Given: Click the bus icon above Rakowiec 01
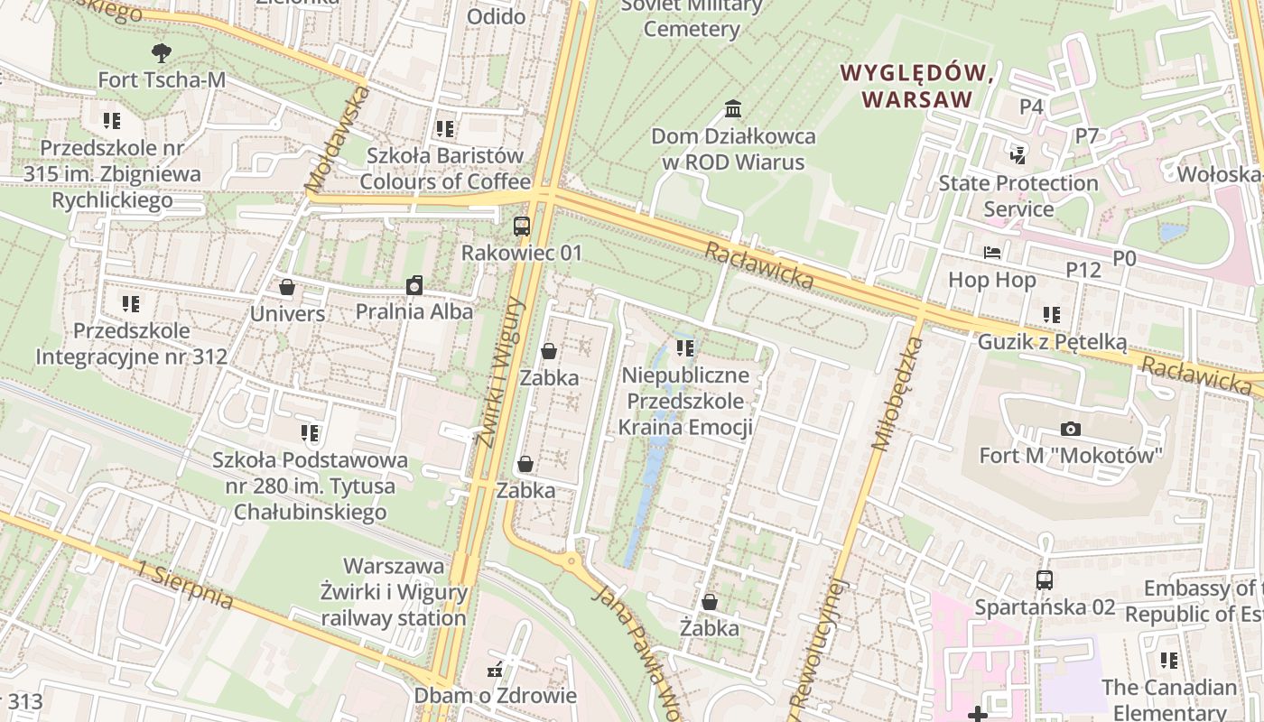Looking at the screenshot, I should point(521,227).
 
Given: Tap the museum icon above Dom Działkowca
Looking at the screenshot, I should point(733,110).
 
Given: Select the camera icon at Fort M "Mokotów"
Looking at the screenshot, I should point(1070,429).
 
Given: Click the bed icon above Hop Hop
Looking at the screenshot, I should point(992,254).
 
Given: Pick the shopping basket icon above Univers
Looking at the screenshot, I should point(287,288).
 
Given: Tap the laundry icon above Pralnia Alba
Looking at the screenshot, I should point(414,286).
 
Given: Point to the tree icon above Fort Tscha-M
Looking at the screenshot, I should point(162,52).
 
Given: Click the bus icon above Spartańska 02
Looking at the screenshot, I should point(1045,580).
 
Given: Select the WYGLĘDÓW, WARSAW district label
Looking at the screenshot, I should point(917,86).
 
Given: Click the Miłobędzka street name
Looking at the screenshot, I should point(895,393).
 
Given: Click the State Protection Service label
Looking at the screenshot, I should point(1018,196).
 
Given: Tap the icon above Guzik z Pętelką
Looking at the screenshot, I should point(1052,315).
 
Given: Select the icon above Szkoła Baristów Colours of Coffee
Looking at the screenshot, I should point(444,129).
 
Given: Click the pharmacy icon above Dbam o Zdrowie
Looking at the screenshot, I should point(494,671).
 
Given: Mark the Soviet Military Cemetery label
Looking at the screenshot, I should point(692,17).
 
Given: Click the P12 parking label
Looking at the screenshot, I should point(1083,269).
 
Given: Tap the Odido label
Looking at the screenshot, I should point(496,16).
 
